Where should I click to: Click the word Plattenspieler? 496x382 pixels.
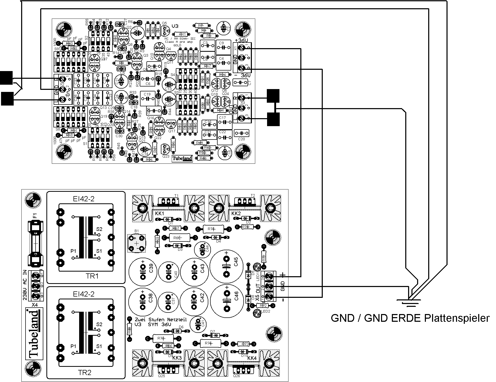[x=456, y=318]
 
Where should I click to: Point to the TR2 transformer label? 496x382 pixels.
[x=85, y=372]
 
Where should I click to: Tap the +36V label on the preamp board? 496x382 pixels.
[x=242, y=40]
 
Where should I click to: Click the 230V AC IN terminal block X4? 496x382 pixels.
[x=35, y=285]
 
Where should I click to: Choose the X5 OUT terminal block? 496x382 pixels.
[x=268, y=286]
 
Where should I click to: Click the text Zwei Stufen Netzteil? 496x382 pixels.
[x=161, y=320]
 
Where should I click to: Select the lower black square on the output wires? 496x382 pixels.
[x=273, y=119]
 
